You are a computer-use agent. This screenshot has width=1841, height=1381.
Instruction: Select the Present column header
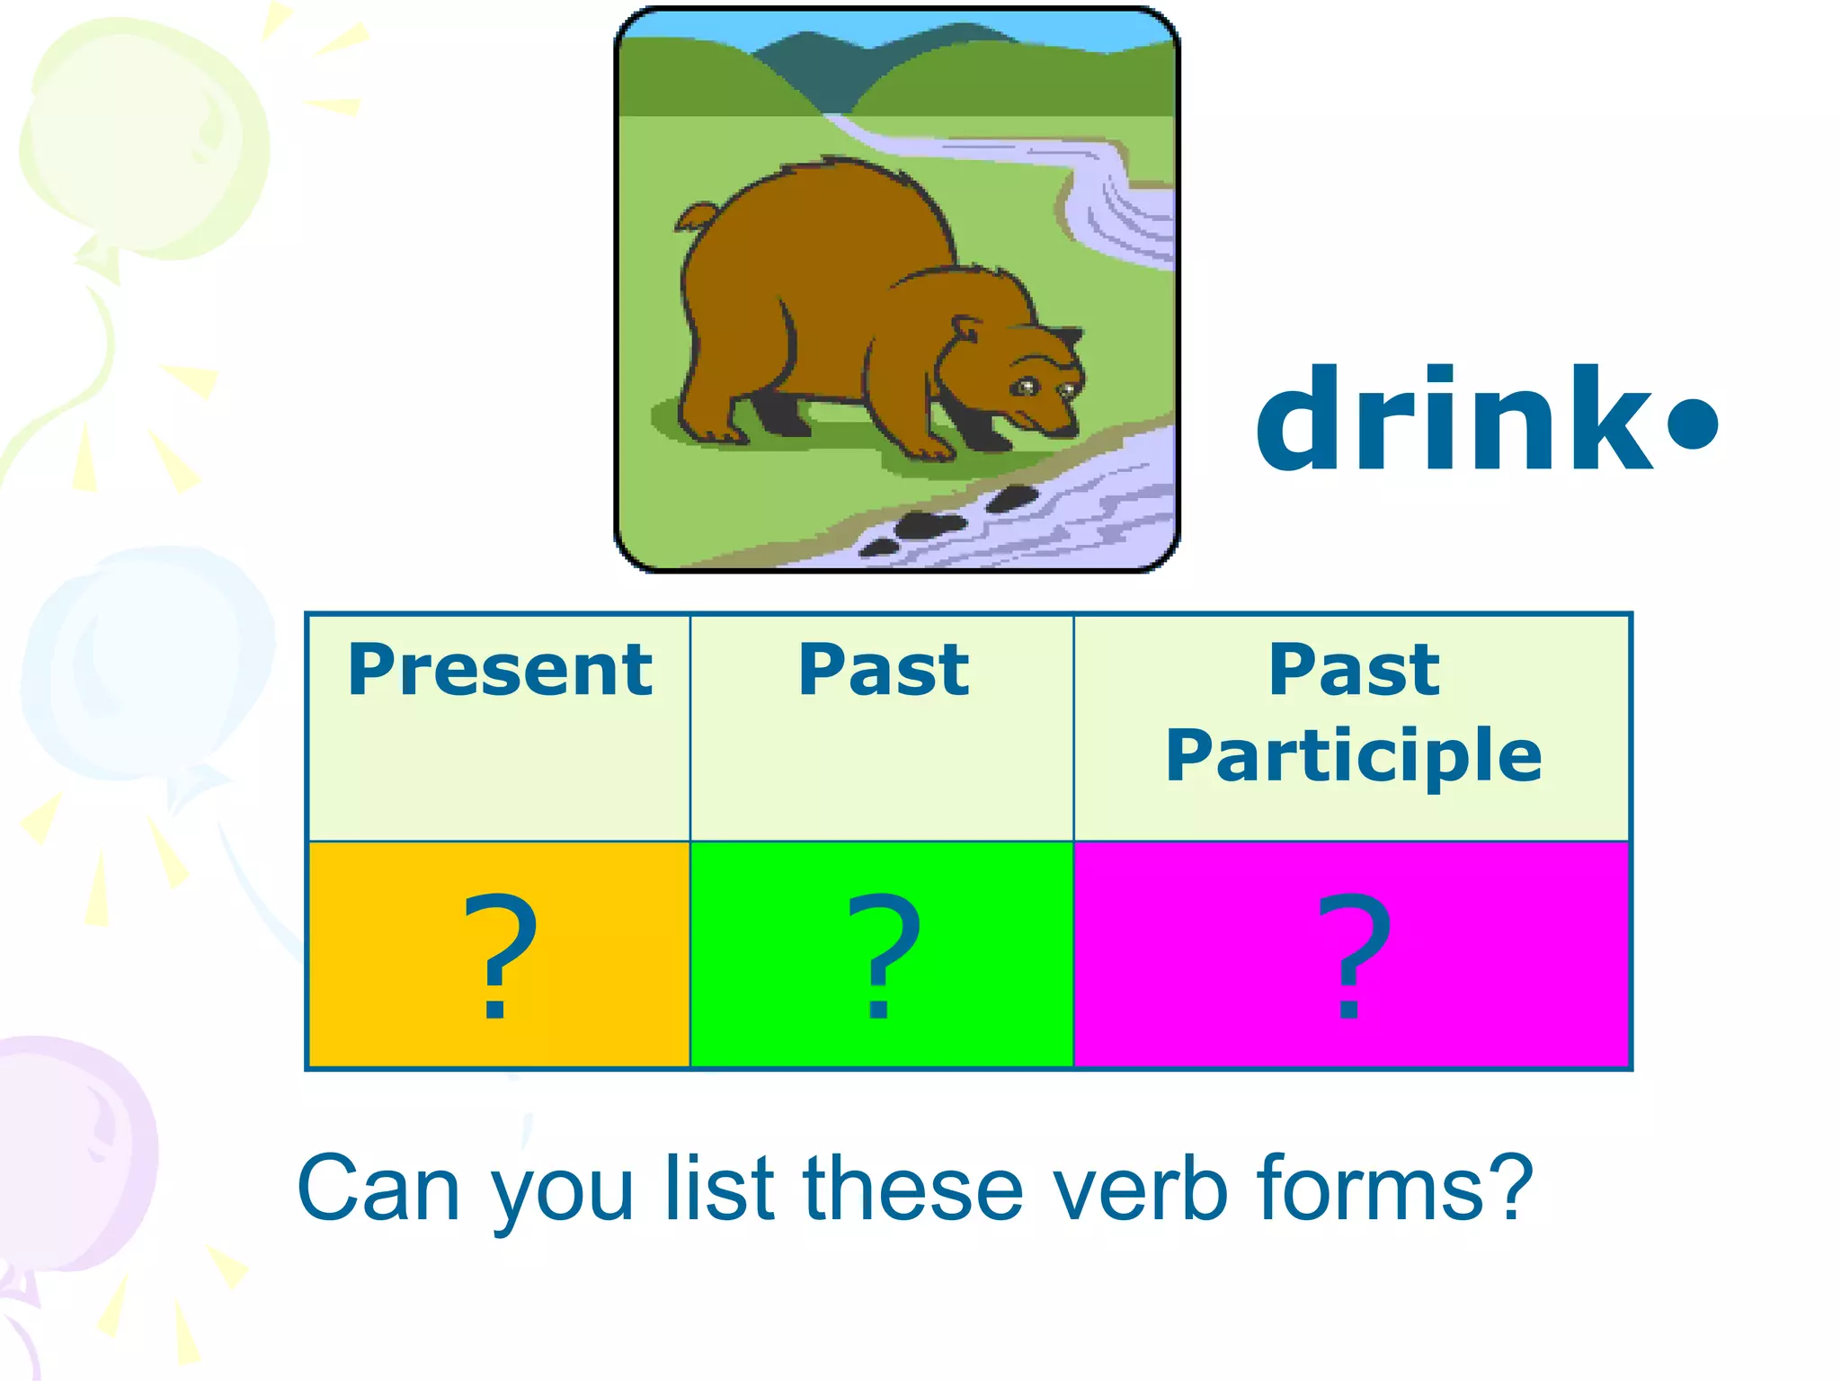click(500, 670)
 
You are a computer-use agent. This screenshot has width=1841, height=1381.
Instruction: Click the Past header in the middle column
click(884, 670)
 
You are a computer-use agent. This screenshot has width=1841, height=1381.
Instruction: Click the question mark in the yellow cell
click(500, 955)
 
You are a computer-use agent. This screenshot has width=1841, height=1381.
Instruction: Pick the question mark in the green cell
click(883, 955)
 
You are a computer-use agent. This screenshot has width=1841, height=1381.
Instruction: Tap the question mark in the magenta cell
click(1353, 955)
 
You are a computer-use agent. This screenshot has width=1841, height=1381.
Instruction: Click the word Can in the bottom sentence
click(378, 1189)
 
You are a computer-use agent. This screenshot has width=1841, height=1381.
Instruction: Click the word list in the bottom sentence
click(719, 1189)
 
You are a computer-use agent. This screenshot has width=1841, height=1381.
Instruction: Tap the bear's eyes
click(1043, 388)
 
